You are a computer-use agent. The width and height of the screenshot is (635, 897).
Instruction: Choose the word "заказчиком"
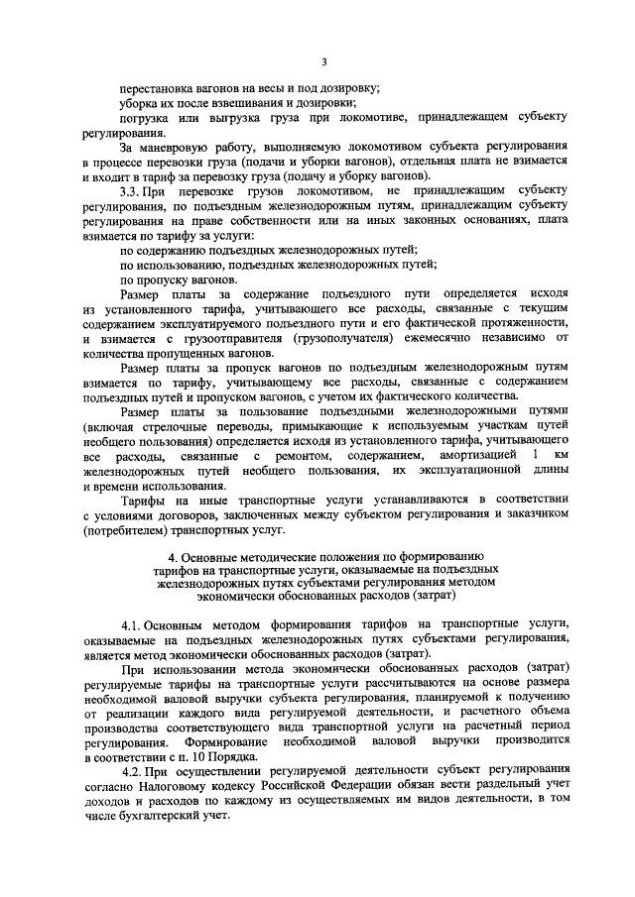coord(534,514)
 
